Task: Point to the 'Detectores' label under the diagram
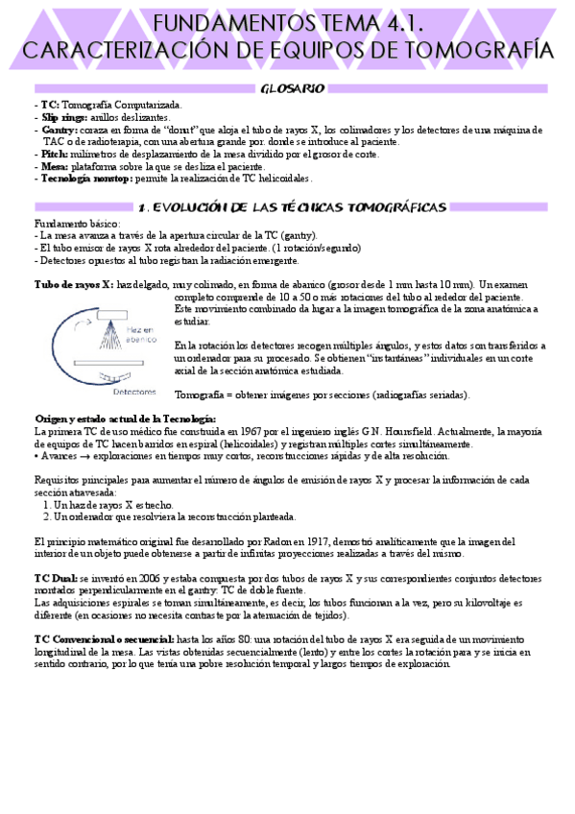[x=134, y=392]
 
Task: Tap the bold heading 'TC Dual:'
[x=55, y=580]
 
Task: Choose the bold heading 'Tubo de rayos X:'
[x=74, y=285]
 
